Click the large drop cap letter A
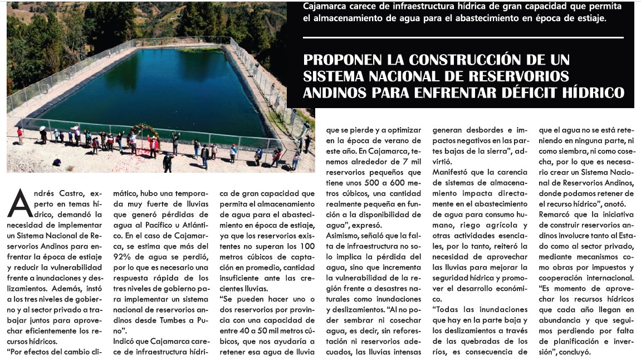point(19,203)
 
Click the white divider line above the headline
point(463,38)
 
